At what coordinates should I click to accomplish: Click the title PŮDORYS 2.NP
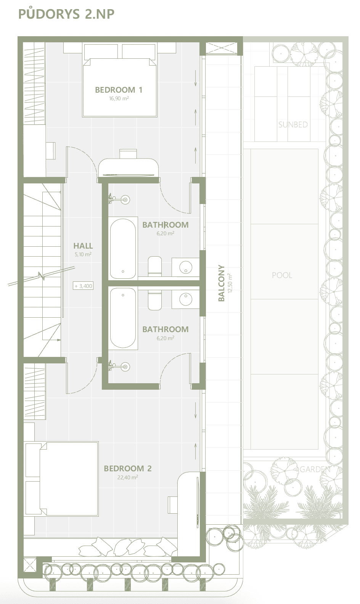66,13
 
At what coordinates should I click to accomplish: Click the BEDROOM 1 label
119,90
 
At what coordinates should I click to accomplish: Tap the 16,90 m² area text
119,98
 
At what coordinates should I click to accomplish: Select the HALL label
83,246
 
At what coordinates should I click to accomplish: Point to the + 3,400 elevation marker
83,286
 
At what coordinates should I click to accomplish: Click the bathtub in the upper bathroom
123,249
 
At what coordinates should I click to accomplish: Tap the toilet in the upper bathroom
155,266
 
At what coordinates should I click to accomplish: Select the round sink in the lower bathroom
186,299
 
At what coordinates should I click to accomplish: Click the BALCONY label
221,283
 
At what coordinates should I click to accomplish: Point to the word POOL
282,275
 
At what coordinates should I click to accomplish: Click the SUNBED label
293,125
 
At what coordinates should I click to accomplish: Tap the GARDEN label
315,469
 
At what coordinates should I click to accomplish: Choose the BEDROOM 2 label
127,469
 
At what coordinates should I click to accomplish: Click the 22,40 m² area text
127,477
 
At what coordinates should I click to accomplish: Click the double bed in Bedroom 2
62,479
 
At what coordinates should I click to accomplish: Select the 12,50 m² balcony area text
230,283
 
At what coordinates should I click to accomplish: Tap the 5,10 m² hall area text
83,254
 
